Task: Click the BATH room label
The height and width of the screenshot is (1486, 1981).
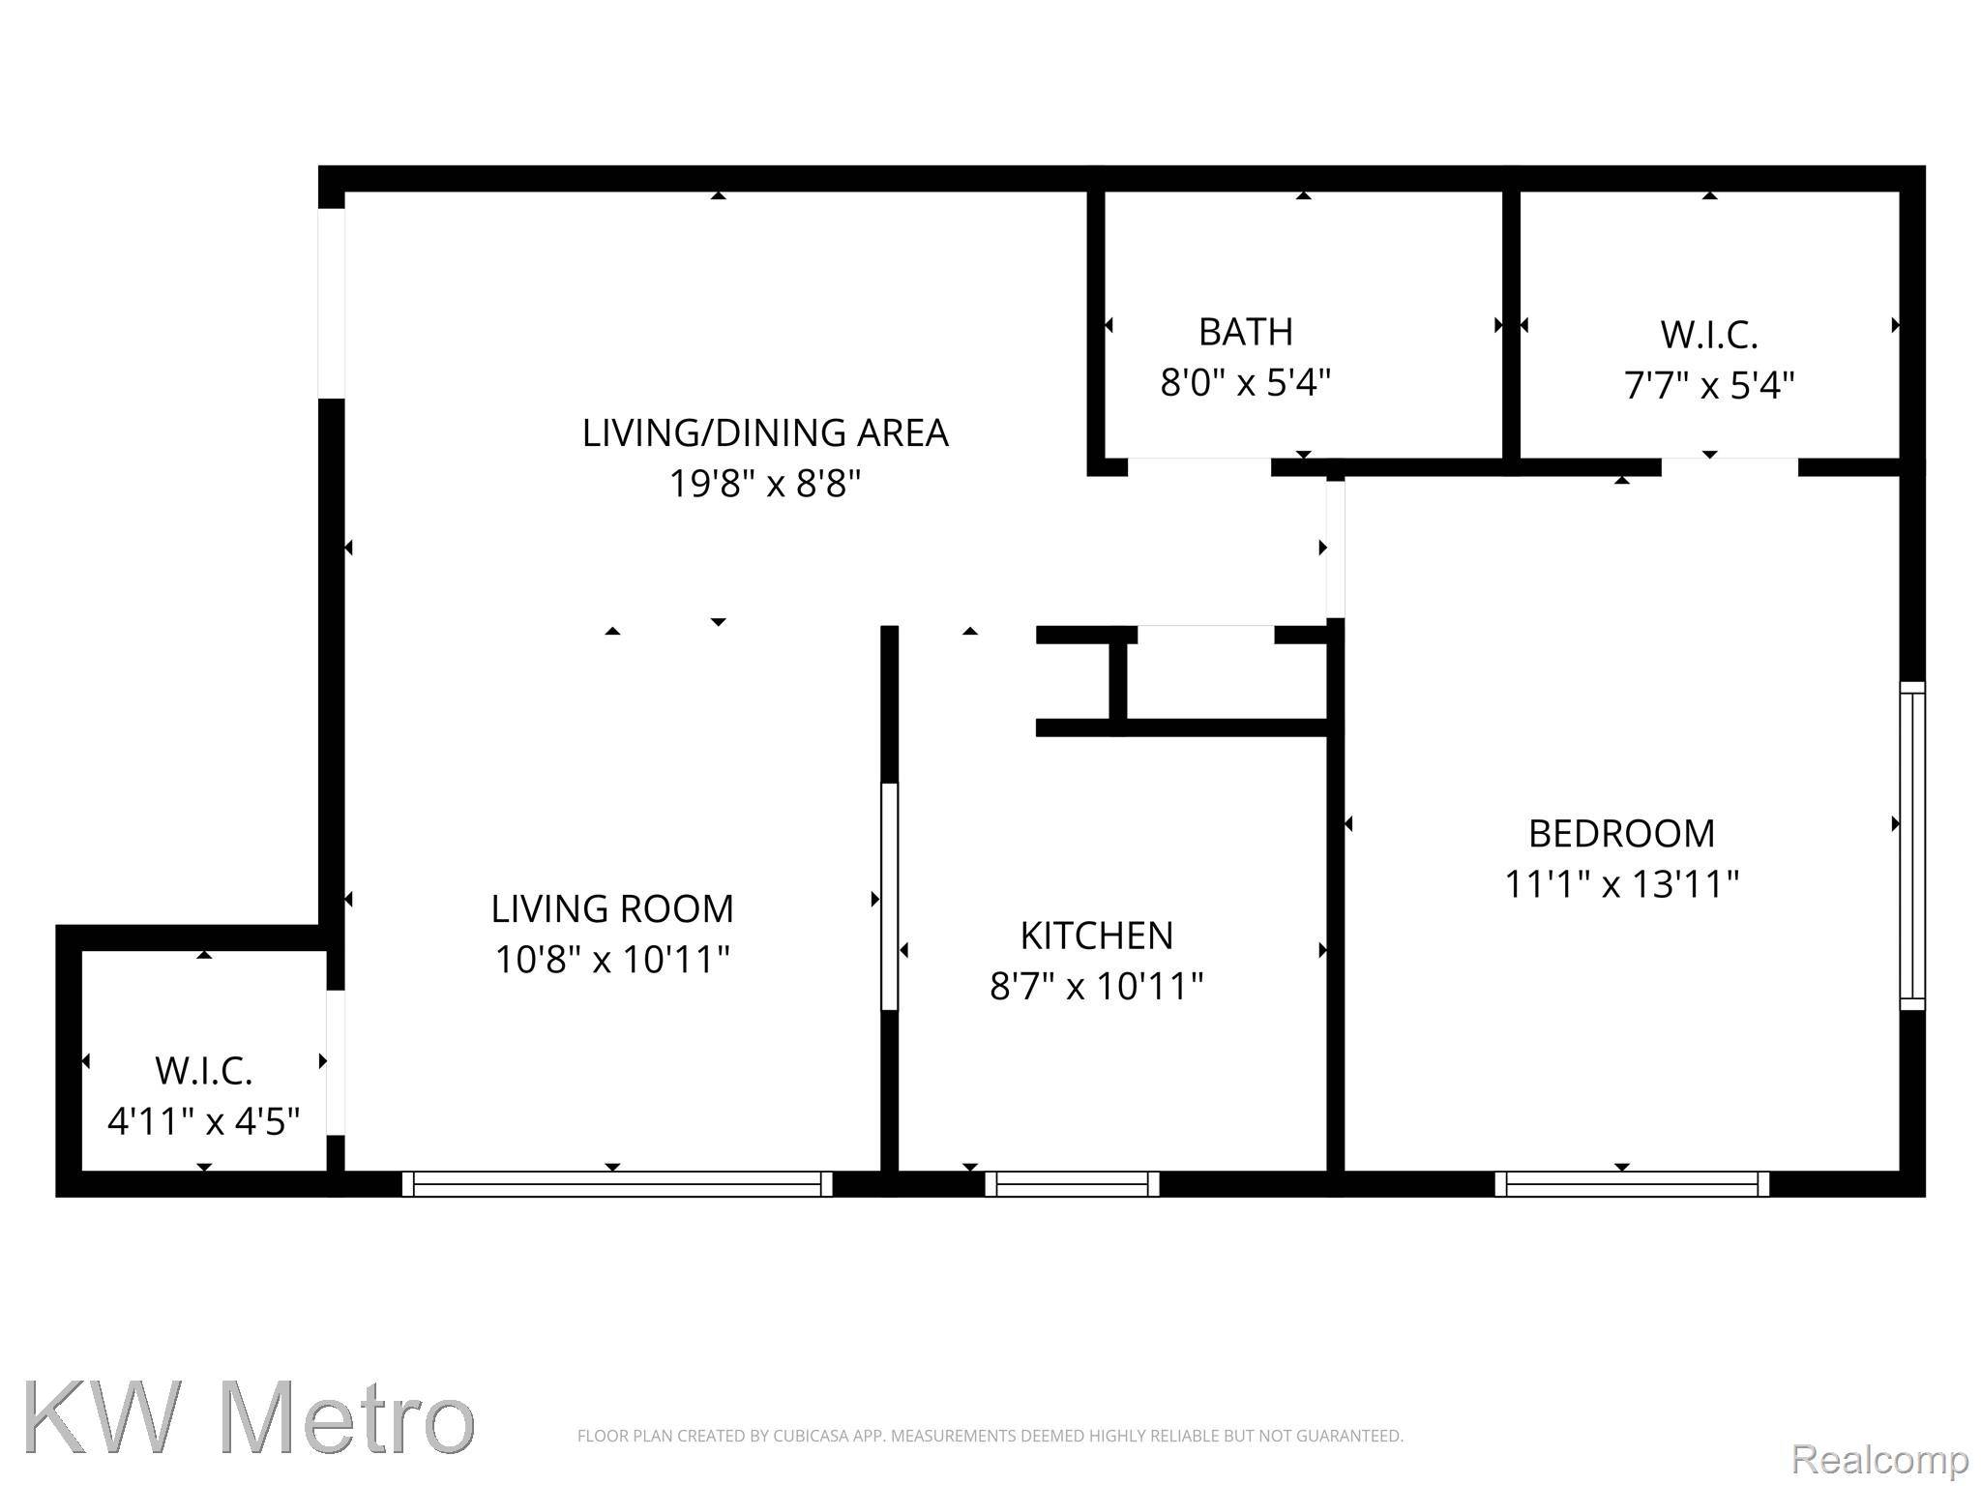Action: click(x=1245, y=332)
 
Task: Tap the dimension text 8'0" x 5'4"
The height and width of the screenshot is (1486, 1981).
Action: click(x=1245, y=383)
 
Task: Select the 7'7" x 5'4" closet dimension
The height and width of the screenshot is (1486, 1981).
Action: click(x=1708, y=386)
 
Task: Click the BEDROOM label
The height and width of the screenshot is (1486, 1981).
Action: click(x=1621, y=833)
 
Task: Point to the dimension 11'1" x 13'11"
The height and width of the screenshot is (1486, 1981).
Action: click(x=1621, y=884)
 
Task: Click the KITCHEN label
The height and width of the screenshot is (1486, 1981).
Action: click(x=1096, y=936)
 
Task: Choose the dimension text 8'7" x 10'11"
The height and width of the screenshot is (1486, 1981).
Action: click(x=1096, y=987)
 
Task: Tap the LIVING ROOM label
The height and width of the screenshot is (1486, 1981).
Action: click(x=611, y=909)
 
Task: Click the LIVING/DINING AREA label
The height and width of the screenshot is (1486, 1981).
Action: click(x=764, y=432)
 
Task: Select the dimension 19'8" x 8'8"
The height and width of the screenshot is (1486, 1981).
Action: click(x=764, y=484)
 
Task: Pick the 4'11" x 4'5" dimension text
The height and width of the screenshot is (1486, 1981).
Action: click(x=203, y=1122)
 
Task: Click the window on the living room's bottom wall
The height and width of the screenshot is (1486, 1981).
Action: click(x=616, y=1184)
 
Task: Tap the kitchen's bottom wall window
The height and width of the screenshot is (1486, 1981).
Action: click(x=1072, y=1184)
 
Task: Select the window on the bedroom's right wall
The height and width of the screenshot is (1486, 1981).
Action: click(x=1912, y=846)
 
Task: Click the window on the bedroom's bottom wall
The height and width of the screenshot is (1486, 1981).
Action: click(x=1632, y=1184)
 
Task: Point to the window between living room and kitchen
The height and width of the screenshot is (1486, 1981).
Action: click(x=889, y=897)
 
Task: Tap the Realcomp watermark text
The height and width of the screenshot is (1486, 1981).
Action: click(x=1879, y=1458)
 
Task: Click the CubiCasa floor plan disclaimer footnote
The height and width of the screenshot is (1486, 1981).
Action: click(x=990, y=1436)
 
